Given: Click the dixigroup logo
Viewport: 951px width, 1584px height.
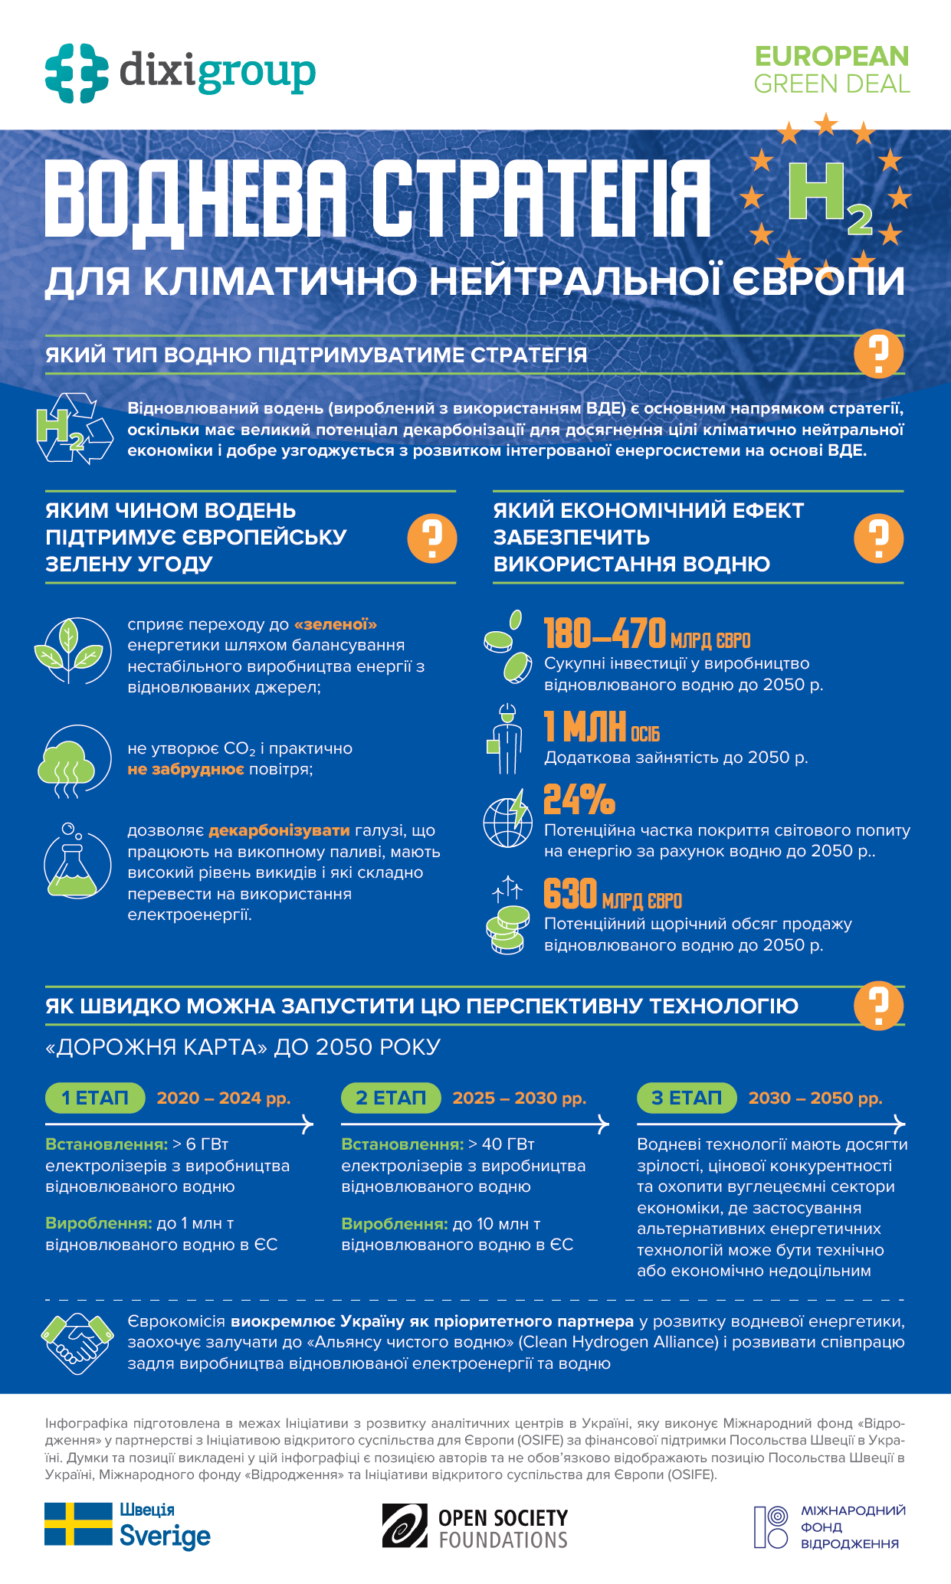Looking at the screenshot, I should point(180,73).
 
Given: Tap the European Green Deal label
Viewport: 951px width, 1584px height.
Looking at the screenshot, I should point(831,70).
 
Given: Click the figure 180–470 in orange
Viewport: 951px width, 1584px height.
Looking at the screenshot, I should point(605,633).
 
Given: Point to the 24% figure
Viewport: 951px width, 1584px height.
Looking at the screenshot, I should point(579,800).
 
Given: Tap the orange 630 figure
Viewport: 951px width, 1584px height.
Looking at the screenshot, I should point(570,893).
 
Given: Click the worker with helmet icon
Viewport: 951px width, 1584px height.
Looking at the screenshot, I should point(506,738).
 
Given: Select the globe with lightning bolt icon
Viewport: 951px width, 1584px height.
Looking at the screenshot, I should point(507,819).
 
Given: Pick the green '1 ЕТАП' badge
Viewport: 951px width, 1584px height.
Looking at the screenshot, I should point(95,1098).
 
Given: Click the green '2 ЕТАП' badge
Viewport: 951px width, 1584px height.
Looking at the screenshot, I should point(391,1098).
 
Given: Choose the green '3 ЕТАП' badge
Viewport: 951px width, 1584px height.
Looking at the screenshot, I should point(687,1098).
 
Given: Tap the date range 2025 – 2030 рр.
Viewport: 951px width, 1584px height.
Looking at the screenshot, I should point(520,1098).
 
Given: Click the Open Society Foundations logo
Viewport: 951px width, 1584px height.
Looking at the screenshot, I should point(475,1526).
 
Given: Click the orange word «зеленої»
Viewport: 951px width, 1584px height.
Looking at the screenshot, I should point(335,624).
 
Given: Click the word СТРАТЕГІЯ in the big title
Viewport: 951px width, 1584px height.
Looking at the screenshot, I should point(542,198).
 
